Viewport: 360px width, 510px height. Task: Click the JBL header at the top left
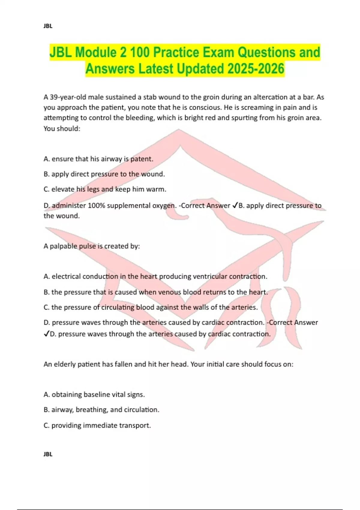tap(48, 26)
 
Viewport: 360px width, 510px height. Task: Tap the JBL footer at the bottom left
tap(48, 454)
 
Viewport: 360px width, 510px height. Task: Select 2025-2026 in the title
tap(256, 69)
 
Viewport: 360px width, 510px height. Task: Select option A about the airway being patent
tap(98, 159)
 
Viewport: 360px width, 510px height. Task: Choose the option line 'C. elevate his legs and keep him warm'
tap(105, 189)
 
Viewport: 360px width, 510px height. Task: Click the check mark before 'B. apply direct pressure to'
tap(235, 205)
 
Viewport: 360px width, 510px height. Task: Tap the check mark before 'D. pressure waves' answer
tap(46, 334)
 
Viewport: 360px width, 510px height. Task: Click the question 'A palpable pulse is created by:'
tap(92, 246)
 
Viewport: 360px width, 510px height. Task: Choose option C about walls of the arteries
tap(151, 307)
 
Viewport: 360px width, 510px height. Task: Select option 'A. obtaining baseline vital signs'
tap(94, 394)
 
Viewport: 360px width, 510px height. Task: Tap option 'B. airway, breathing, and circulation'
tap(101, 409)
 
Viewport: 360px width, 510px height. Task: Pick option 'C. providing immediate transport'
tap(97, 425)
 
